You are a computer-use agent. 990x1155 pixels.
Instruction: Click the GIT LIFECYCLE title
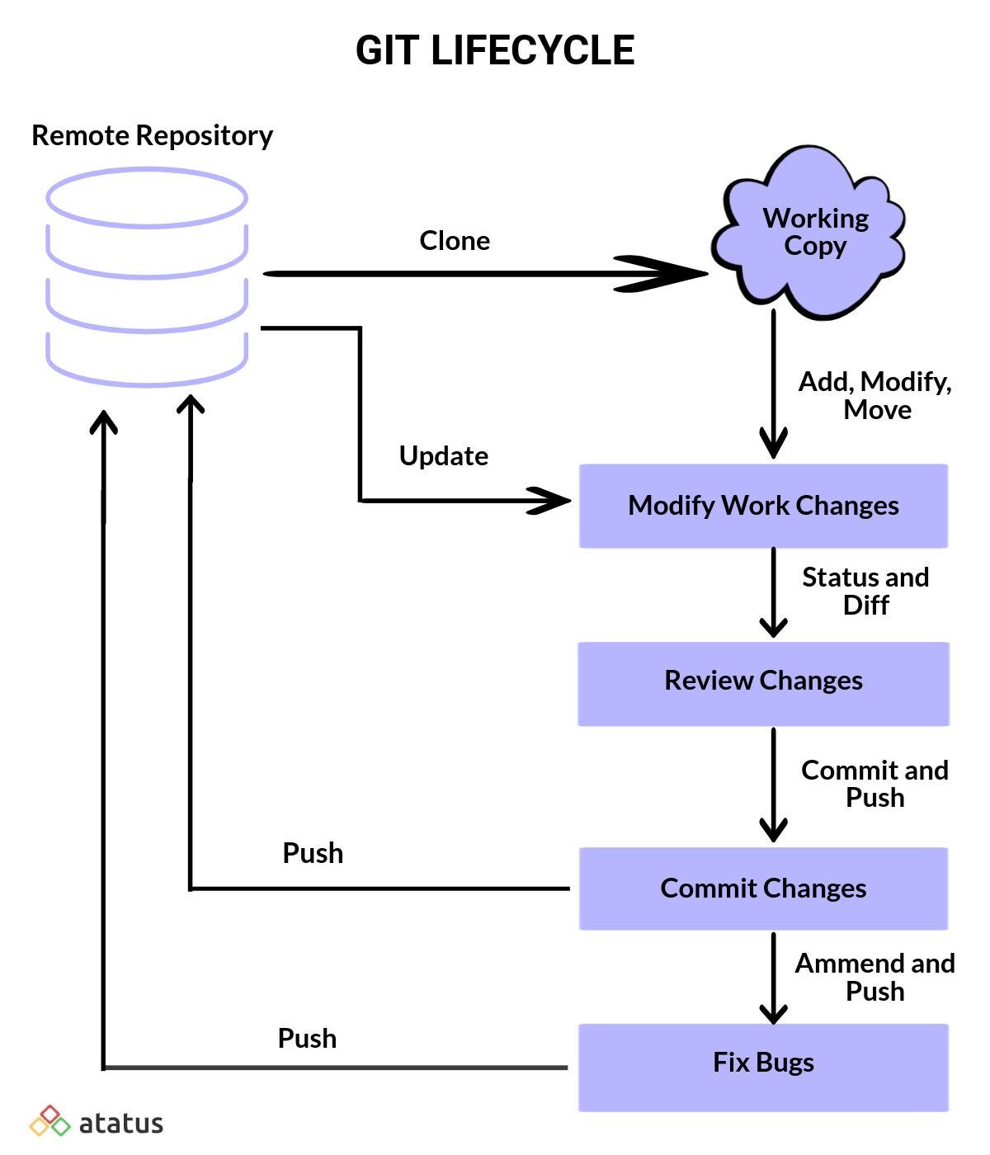(495, 50)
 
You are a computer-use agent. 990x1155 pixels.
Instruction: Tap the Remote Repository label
(152, 135)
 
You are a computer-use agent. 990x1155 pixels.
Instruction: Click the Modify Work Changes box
(763, 506)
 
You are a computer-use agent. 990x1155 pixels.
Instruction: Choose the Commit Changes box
(763, 889)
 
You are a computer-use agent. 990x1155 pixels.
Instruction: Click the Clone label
(455, 241)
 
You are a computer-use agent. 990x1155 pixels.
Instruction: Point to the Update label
(444, 456)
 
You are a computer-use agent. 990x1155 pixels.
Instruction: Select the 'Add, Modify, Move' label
(875, 395)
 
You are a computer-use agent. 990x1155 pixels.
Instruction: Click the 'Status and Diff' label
(865, 591)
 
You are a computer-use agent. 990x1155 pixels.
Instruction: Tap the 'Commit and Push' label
(874, 784)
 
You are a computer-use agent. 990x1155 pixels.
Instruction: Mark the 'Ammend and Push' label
(874, 977)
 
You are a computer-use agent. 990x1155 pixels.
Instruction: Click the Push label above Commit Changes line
(313, 853)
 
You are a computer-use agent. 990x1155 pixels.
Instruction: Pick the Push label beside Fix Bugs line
(307, 1038)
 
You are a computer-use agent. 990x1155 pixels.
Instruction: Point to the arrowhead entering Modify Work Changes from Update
(551, 501)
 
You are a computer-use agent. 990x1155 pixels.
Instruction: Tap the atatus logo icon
(50, 1122)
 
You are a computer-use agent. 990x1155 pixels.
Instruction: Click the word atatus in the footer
(121, 1124)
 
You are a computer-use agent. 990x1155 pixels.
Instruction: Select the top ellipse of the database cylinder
(147, 198)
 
